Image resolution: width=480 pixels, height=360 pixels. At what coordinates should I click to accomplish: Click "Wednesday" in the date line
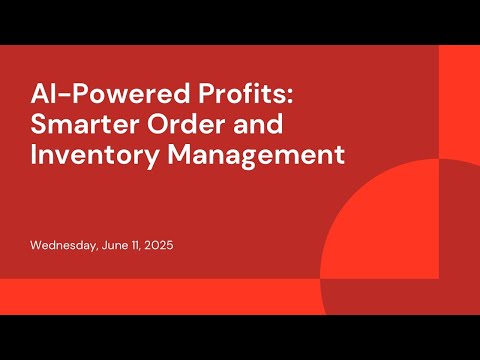point(63,245)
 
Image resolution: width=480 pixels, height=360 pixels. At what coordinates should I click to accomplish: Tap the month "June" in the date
point(118,245)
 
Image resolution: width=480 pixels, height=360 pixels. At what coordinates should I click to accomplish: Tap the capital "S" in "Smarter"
point(38,128)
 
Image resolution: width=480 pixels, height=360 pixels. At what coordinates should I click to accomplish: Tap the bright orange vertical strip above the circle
point(459,100)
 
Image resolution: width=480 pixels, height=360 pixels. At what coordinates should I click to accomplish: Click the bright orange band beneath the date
point(150,296)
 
